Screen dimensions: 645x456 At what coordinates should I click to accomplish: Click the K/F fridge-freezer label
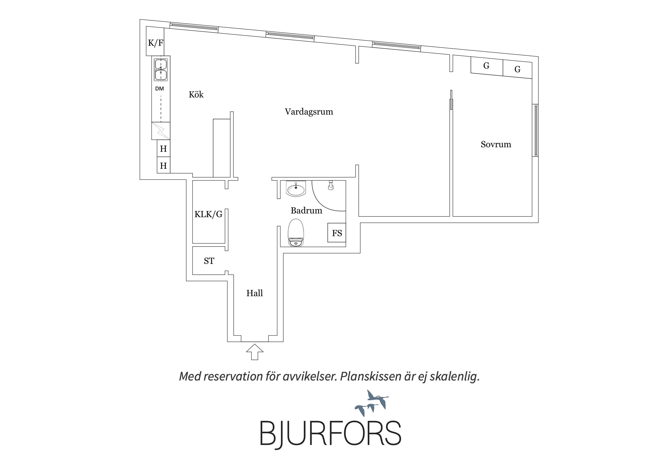[156, 43]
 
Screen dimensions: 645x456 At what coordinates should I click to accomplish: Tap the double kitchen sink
[161, 70]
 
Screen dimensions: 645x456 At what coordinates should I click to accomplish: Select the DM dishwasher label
[160, 89]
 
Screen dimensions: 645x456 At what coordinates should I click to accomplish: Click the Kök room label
[196, 94]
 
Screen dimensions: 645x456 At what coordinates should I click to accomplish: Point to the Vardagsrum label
[309, 112]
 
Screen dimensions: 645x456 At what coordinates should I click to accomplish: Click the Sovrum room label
[496, 145]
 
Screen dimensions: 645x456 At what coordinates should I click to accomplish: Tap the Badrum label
[306, 210]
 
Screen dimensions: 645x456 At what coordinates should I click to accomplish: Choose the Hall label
[254, 293]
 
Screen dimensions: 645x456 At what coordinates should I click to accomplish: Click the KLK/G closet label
[209, 215]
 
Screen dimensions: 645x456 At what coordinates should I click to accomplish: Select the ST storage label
[209, 261]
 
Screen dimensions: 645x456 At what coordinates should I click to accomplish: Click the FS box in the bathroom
[337, 233]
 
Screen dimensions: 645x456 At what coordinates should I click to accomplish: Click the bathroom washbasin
[295, 189]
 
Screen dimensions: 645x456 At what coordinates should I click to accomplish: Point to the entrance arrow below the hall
[255, 352]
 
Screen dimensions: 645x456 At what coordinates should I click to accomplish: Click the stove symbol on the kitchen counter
[161, 131]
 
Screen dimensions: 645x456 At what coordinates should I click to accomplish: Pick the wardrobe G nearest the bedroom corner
[517, 69]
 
